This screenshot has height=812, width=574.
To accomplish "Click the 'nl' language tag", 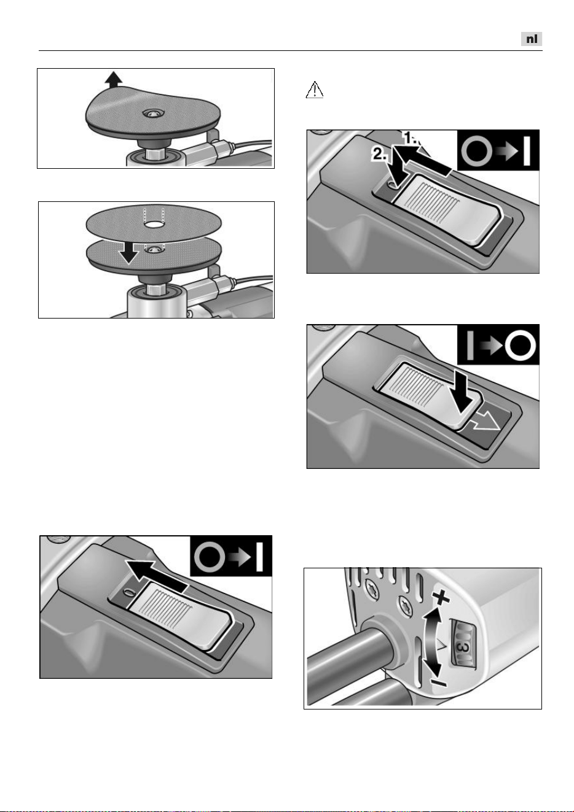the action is click(x=532, y=39).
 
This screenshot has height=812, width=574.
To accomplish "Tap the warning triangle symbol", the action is click(x=315, y=90).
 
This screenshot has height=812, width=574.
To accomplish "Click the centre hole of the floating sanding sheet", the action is click(x=154, y=225).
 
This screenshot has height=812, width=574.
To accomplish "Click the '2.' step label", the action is click(x=380, y=155).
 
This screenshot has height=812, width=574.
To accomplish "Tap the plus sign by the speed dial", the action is click(x=441, y=597).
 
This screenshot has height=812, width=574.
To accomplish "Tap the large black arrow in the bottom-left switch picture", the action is click(x=157, y=574).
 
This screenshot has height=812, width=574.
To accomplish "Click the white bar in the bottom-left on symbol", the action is click(x=259, y=557).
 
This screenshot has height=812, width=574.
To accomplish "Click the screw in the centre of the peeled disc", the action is click(x=151, y=114).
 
